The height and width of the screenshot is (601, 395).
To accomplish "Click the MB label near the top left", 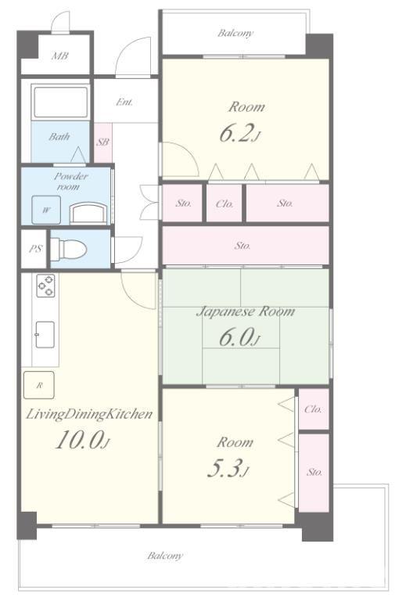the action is pos(60,56).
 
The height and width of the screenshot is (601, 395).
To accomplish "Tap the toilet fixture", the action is pos(69,249).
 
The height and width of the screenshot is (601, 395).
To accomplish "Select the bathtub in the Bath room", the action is pos(59,103).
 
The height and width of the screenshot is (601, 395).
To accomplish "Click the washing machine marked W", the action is pos(46,210).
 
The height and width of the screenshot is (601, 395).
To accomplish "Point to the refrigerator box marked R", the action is pos(38,385).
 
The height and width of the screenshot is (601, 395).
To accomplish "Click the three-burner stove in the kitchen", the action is pos(45,286).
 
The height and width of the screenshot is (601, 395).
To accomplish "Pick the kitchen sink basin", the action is pos(45,335).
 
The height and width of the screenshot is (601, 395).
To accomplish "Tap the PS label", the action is pos(35,248).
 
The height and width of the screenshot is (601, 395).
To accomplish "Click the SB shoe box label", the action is pos(102,142).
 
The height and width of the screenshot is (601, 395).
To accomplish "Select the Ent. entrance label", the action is pos(124,103).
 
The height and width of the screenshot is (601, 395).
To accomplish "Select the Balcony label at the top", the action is pos(235,34).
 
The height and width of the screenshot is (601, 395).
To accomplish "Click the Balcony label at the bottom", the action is pos(165,556).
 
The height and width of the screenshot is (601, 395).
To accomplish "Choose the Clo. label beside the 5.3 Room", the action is pos(313,409).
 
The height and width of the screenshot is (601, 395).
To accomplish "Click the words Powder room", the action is pos(70,182).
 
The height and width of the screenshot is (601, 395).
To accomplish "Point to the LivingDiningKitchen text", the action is pos(89,414).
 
